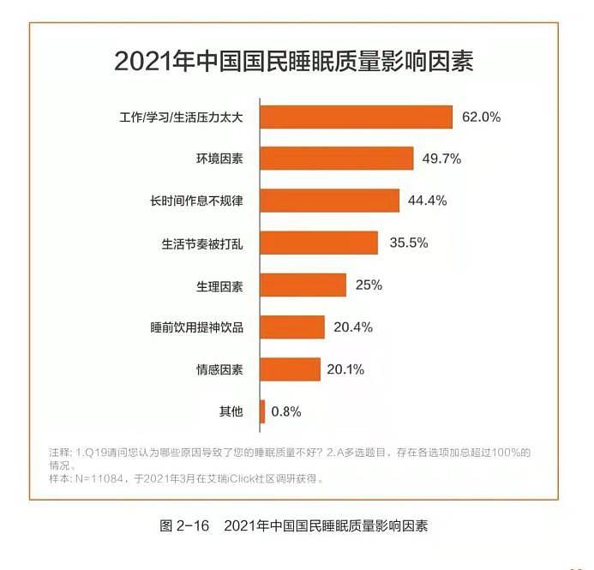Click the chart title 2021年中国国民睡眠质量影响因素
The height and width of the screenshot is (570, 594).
[x=294, y=63]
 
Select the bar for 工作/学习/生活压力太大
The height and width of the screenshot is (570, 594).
[x=356, y=117]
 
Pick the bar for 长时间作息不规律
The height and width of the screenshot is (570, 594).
[x=330, y=201]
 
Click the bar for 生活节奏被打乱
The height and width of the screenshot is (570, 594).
[x=319, y=243]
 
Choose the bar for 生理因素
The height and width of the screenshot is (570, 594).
[x=303, y=285]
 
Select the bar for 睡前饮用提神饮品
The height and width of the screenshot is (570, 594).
[x=292, y=327]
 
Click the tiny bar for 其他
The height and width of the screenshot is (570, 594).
[x=262, y=411]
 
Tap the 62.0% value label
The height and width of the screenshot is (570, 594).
[x=481, y=117]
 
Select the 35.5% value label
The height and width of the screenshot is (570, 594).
[x=408, y=243]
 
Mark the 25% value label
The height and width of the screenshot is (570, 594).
[x=369, y=285]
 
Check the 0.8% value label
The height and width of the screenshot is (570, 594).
[x=286, y=411]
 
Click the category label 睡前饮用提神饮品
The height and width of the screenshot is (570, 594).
[x=197, y=327]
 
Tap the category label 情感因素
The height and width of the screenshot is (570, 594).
[x=219, y=369]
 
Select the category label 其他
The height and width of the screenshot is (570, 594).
[x=231, y=411]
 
